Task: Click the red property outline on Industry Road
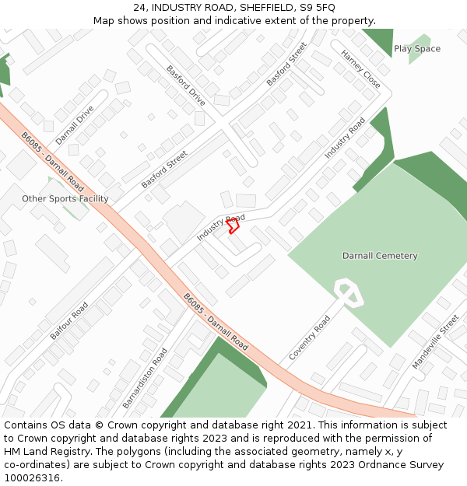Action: (232, 226)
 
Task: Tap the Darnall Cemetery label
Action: (380, 256)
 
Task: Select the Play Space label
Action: (417, 49)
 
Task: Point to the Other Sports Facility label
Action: (65, 199)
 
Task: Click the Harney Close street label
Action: (361, 68)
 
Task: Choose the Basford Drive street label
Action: (186, 86)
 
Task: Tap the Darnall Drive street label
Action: (75, 124)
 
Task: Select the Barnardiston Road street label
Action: (145, 378)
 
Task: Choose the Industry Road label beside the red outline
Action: (220, 226)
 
